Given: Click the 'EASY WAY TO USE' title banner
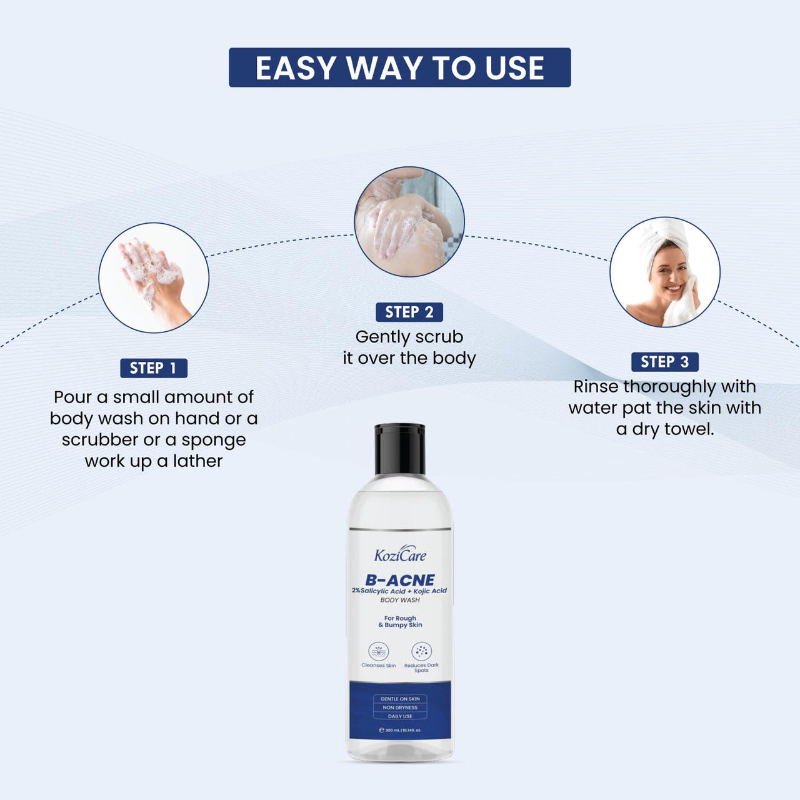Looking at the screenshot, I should tap(399, 67).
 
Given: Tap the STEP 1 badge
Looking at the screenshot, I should tap(154, 368).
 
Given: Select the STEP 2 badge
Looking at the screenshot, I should tap(409, 312).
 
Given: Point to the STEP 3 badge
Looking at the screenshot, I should tap(664, 362).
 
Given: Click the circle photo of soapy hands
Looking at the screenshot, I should tap(154, 277).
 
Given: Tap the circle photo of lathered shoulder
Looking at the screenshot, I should tap(409, 221).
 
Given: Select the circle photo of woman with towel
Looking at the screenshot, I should tap(664, 272).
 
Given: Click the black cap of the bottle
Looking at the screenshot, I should tap(400, 449).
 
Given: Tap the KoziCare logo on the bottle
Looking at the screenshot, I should tap(400, 554).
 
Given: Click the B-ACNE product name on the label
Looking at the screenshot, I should tap(400, 580).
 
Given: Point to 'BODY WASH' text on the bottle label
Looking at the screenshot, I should tap(400, 600).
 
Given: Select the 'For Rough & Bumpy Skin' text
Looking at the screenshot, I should tap(400, 621).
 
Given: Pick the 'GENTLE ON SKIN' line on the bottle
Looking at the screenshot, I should tap(400, 699).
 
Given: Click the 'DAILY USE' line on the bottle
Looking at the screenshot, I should tap(400, 716).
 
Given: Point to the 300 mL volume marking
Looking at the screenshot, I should tap(400, 730).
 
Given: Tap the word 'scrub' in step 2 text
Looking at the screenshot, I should tap(441, 337).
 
